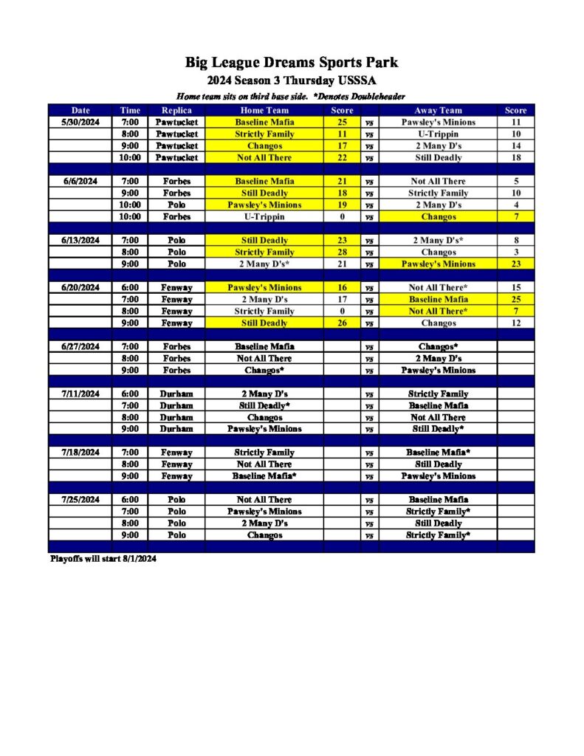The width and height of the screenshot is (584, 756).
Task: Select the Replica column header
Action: (176, 110)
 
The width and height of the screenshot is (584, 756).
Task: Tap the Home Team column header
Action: (264, 110)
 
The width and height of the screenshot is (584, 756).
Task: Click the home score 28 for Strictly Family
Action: (342, 252)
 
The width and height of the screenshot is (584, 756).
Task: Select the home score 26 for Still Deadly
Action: (342, 323)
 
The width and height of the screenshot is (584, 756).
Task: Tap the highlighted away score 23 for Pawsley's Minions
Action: (515, 264)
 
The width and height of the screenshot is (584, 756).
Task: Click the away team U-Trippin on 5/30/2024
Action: (439, 134)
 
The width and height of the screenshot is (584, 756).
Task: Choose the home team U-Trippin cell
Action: (264, 216)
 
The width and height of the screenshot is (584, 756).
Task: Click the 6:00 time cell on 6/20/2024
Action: (130, 287)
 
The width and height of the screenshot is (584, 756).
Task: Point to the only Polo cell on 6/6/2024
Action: (176, 205)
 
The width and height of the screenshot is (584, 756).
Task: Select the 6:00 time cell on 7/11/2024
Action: (130, 394)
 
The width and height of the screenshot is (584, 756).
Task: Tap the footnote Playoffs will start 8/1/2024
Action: (103, 559)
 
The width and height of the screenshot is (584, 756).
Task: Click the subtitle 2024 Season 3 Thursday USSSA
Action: (292, 80)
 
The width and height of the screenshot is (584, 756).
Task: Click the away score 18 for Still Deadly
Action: (515, 157)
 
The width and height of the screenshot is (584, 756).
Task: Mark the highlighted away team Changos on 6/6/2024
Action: (439, 216)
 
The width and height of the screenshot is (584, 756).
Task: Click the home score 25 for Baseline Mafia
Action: (342, 122)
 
